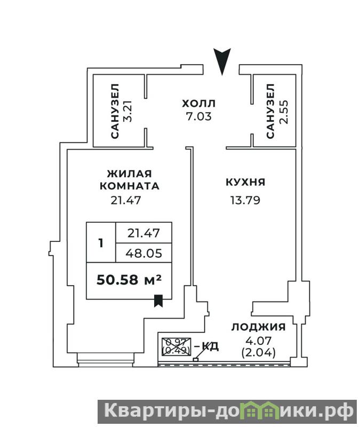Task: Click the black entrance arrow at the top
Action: [x=222, y=60]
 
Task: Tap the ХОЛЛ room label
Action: [x=198, y=104]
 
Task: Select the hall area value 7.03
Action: [x=198, y=116]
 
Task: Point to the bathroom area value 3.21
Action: [x=127, y=111]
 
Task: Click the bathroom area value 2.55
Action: [x=283, y=112]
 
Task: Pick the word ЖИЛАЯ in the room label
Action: [x=129, y=174]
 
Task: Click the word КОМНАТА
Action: [x=130, y=186]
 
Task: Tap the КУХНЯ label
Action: [x=245, y=182]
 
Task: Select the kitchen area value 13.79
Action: [x=245, y=201]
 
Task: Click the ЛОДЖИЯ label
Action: [x=259, y=327]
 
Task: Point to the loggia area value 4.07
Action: [x=259, y=341]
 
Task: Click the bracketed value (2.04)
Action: [x=259, y=353]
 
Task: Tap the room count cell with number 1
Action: [x=101, y=243]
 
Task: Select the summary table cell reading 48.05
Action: [x=143, y=253]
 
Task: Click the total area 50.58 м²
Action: [x=129, y=280]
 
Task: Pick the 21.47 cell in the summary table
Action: [x=143, y=233]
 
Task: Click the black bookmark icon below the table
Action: [x=158, y=301]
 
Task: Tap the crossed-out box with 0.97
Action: [x=177, y=346]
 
